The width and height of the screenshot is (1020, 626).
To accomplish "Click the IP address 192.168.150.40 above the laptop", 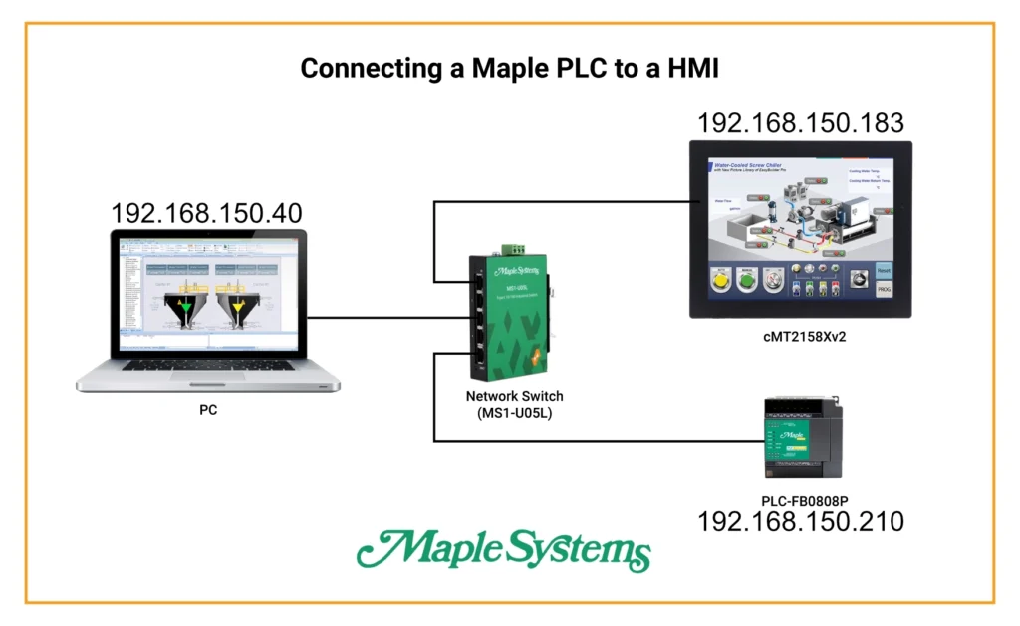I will tap(206, 214).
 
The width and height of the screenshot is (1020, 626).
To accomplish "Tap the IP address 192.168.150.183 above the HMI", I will tap(801, 123).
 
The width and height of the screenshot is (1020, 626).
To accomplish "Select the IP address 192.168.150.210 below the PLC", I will tap(801, 521).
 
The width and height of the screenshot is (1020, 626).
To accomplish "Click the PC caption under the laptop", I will tap(208, 409).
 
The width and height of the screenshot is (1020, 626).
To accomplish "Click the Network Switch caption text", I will tap(514, 396).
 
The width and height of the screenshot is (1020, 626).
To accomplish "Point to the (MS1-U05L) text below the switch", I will tap(514, 413).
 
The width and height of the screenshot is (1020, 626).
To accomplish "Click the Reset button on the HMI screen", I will tap(884, 270).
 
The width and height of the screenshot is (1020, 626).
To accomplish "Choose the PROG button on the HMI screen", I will tap(884, 290).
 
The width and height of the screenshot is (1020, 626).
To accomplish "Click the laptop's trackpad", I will tap(207, 379).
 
